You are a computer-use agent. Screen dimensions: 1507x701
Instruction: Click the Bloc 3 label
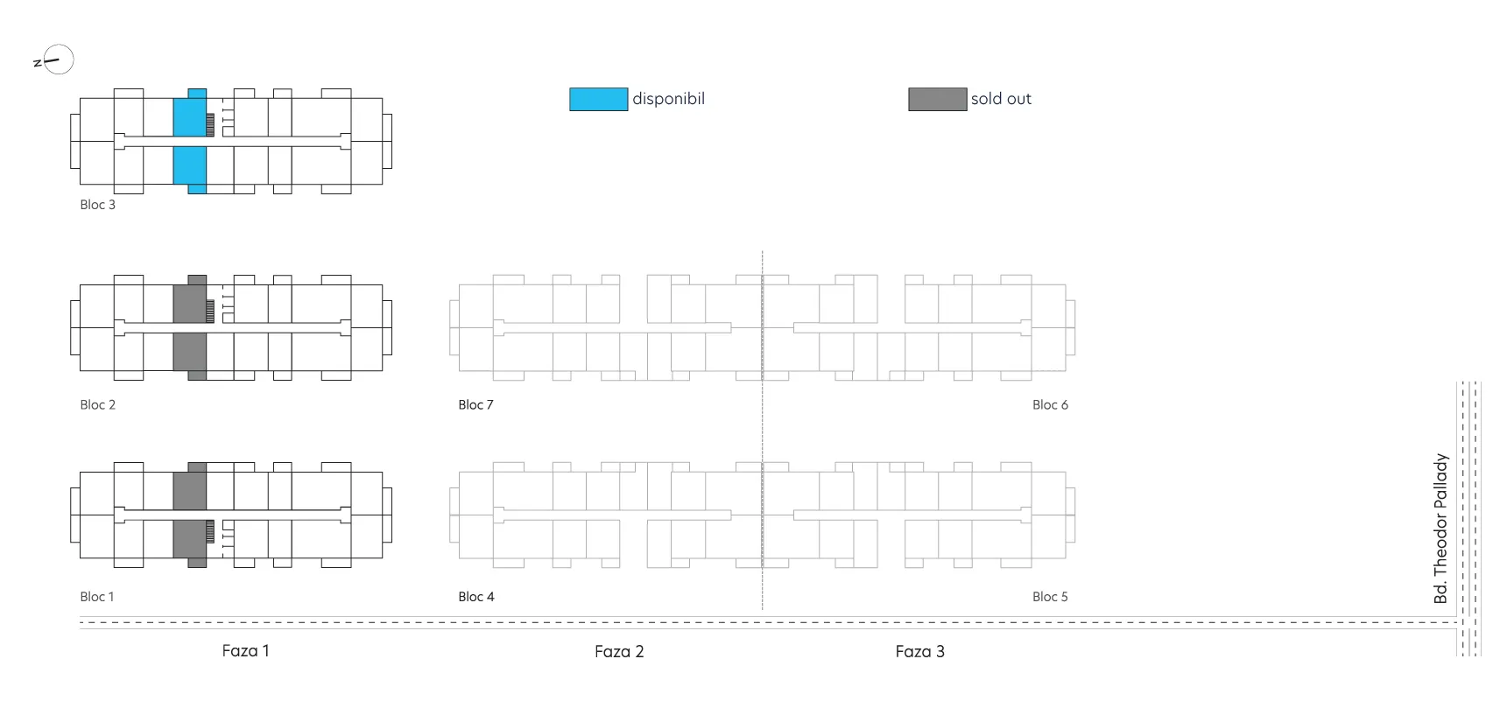(97, 205)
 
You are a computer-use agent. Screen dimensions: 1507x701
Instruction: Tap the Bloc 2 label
(97, 405)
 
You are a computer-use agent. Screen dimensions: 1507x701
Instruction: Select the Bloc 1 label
(97, 597)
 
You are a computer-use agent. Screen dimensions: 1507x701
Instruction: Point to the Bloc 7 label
(475, 405)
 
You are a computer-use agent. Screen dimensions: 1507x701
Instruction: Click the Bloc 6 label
(1050, 405)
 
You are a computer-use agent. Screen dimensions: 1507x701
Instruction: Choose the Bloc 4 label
(476, 597)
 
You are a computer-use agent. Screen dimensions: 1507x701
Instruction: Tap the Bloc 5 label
(1050, 597)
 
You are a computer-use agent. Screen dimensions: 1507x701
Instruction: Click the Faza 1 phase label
(245, 651)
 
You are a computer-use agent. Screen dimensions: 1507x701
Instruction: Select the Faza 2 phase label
(619, 652)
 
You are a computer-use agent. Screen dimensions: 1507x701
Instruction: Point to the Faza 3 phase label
(919, 652)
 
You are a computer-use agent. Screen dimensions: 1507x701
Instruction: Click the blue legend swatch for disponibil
(599, 99)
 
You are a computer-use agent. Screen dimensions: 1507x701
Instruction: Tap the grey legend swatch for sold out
(938, 99)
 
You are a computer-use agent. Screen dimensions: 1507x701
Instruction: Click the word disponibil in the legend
(668, 99)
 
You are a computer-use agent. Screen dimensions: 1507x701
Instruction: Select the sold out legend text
(1001, 99)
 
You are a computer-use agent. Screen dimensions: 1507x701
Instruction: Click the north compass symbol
(54, 60)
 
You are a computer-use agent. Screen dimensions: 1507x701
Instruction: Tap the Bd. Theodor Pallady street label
(1440, 529)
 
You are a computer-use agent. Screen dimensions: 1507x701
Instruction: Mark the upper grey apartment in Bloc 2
(191, 299)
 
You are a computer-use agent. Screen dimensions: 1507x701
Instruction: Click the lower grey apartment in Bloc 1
(191, 543)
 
